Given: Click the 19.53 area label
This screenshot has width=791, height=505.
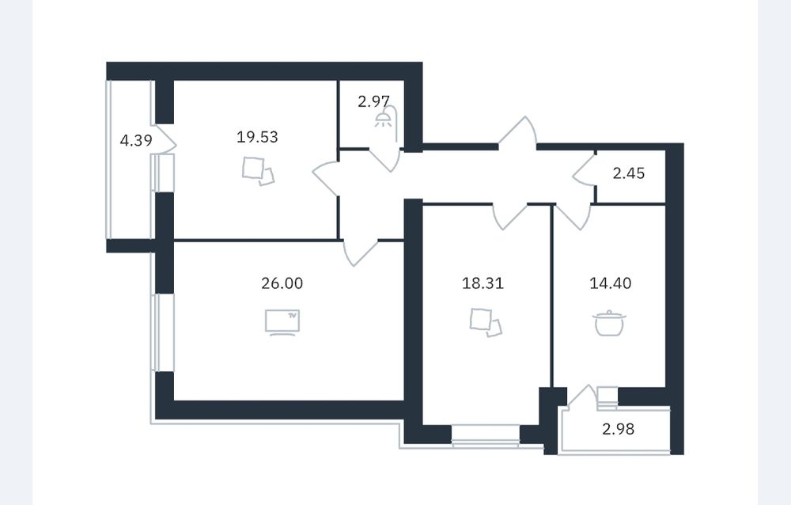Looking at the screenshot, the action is coord(257,137).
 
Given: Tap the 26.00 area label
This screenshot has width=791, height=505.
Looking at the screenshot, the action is coord(282,283).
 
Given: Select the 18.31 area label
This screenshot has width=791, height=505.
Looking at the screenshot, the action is coord(483,283).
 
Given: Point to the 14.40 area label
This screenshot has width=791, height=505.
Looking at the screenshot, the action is coord(611,283).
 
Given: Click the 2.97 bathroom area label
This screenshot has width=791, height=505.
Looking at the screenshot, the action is coord(373,101).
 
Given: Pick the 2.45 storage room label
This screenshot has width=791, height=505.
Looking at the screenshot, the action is coord(629,173).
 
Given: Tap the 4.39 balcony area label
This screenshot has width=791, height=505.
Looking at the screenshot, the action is coord(136,140).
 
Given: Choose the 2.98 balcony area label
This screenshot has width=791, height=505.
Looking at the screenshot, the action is coord(619,429).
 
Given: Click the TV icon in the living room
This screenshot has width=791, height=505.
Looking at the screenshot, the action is coord(282,322).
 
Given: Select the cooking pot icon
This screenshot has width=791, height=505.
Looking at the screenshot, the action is coord(609,323).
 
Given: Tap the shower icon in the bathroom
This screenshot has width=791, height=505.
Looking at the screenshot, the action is coord(387,120).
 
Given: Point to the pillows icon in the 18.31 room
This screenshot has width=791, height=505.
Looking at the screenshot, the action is coord(486,323).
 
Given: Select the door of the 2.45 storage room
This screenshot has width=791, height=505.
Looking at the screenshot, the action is coord(585,171).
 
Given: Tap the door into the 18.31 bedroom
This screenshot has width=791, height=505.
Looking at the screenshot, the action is coord(509,216).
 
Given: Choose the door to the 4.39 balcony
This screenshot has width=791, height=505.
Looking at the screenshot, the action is coord(164,139).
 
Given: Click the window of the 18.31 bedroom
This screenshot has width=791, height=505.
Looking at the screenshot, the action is coord(486,436).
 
